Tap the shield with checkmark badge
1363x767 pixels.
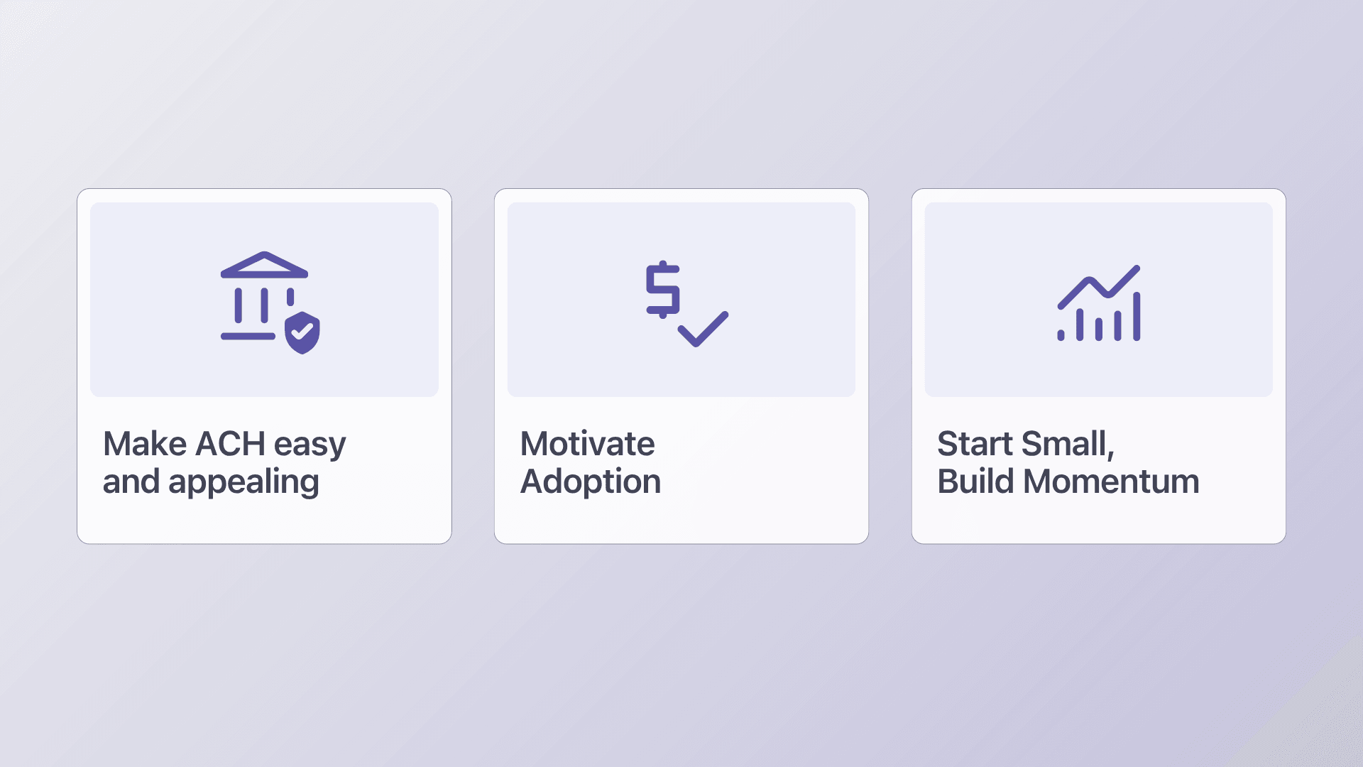(302, 332)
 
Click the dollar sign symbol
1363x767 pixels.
(663, 289)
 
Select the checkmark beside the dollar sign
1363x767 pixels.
(703, 329)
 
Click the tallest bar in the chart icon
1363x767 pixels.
(1137, 316)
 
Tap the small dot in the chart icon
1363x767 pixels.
(1061, 335)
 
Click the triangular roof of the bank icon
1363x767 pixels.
(264, 264)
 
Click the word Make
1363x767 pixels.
(145, 444)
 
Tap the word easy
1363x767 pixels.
(310, 447)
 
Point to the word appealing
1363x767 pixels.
(243, 484)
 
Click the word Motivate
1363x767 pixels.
(587, 444)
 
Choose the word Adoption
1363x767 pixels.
(591, 483)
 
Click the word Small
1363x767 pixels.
(1068, 445)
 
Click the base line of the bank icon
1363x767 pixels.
(248, 336)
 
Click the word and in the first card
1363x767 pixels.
(131, 482)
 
